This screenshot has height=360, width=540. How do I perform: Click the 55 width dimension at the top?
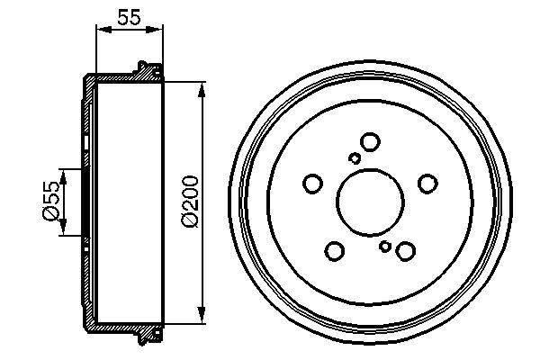130,14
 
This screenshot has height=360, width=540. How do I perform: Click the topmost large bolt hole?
369,141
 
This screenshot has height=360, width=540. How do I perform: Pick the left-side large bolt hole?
312,184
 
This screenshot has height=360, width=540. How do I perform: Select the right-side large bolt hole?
427,184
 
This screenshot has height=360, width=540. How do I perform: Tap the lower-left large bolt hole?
335,251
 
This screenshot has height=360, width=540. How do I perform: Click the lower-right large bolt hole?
406,251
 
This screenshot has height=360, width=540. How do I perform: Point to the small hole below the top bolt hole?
355,159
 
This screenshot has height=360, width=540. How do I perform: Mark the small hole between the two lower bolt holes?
385,246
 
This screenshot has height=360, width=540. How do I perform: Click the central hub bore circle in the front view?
370,202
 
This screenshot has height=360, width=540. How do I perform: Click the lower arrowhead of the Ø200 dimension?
200,315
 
